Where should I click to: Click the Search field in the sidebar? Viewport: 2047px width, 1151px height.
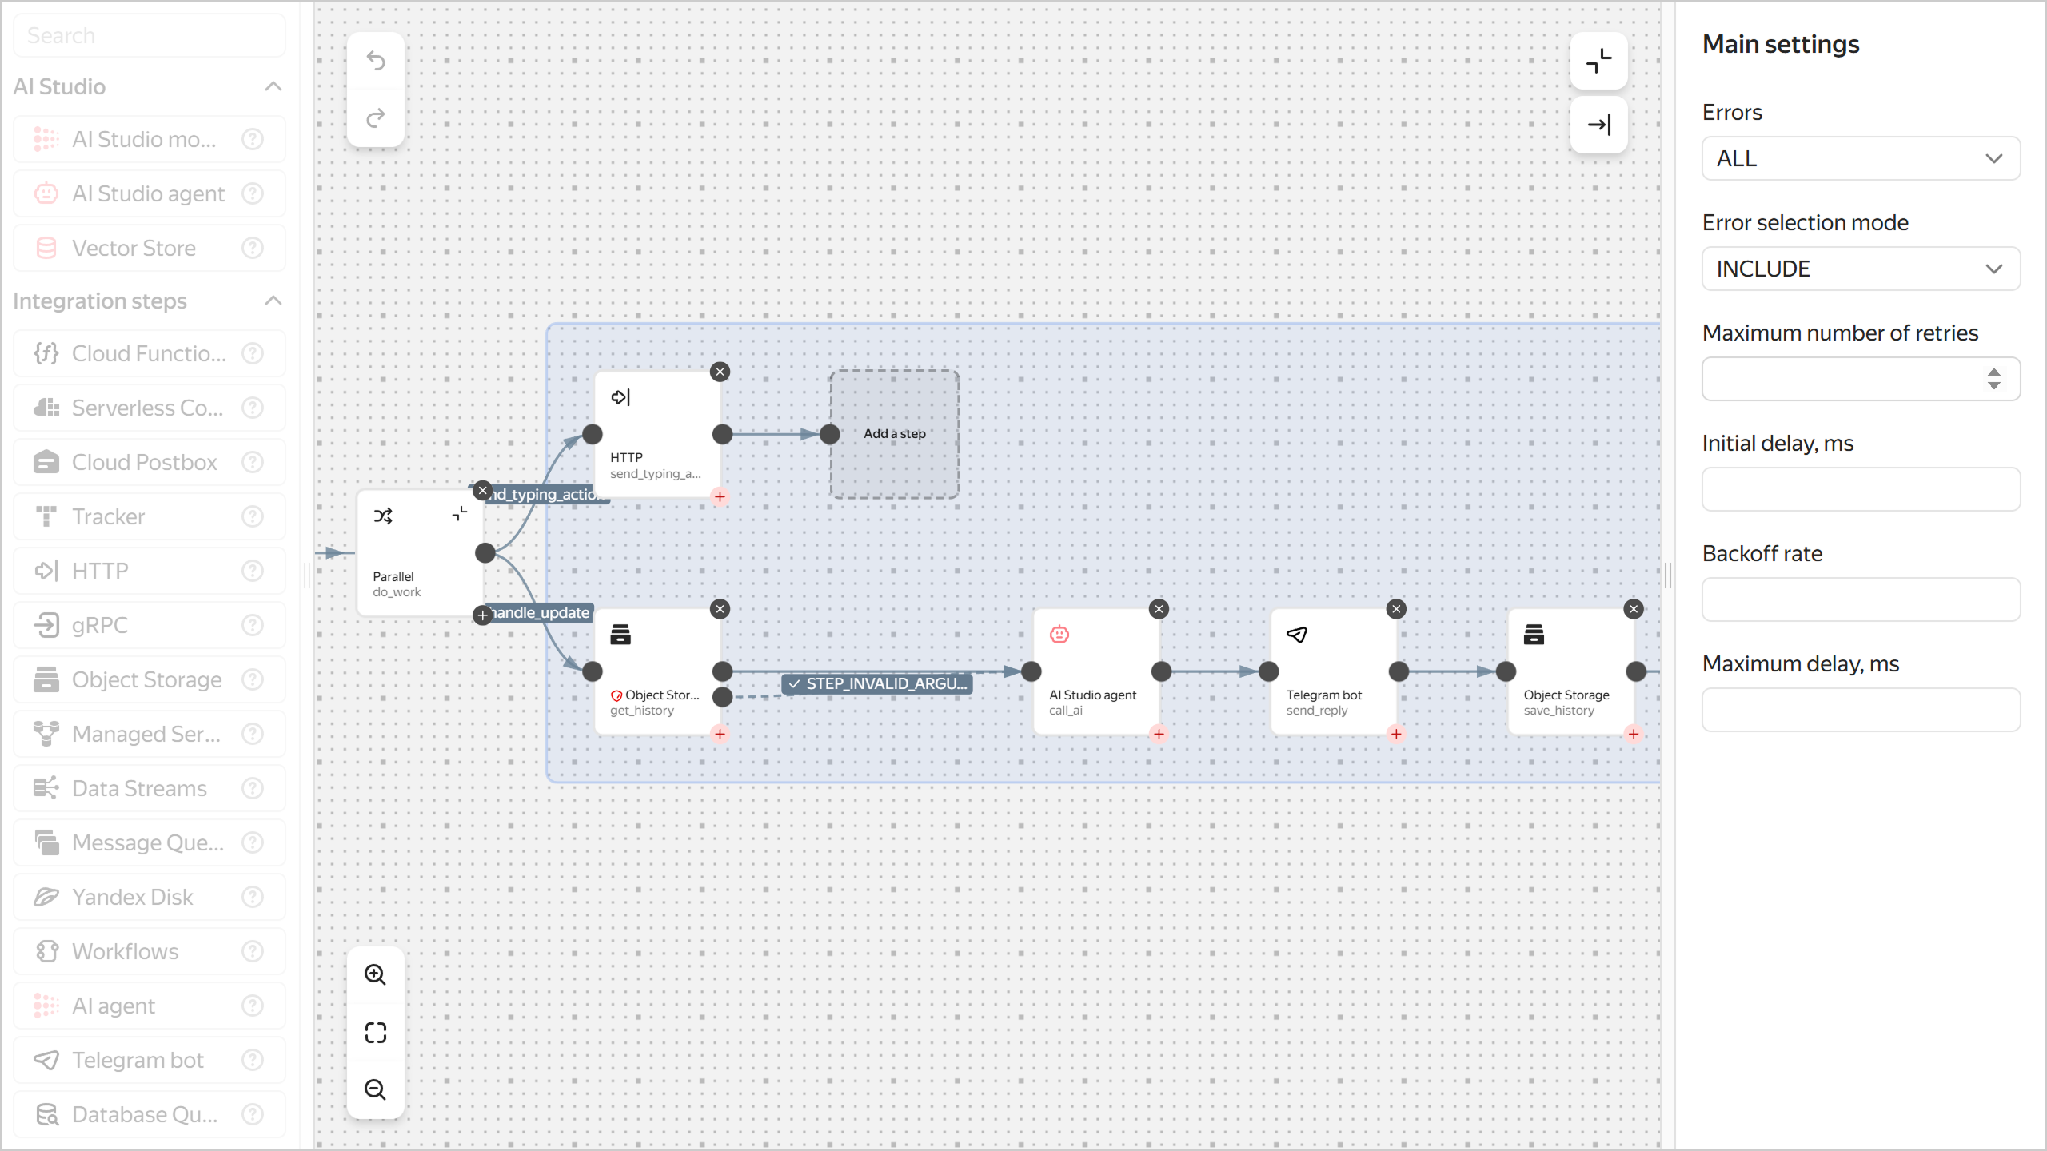(x=150, y=35)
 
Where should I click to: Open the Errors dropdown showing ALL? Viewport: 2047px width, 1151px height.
(x=1860, y=158)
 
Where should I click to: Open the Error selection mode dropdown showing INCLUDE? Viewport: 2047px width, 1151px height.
(x=1860, y=269)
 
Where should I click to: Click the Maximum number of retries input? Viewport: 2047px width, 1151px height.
(x=1844, y=379)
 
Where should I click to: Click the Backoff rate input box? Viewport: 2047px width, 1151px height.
(x=1860, y=599)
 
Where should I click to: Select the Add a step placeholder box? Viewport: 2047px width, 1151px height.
(x=894, y=434)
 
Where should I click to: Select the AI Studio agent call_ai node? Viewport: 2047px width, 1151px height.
(x=1095, y=671)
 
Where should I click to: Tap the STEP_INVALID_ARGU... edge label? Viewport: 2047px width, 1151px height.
(x=877, y=683)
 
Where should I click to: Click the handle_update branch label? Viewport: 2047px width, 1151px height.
(x=541, y=613)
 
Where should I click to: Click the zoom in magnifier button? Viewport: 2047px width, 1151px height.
(x=375, y=974)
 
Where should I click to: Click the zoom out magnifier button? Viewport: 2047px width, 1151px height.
(x=375, y=1089)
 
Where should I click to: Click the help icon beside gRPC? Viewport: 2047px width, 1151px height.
(x=253, y=625)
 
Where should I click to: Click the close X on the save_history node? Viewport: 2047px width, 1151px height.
(x=1634, y=609)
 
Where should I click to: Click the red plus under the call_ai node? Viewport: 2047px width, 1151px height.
(x=1159, y=734)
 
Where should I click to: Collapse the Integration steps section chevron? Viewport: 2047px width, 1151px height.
(x=273, y=301)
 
